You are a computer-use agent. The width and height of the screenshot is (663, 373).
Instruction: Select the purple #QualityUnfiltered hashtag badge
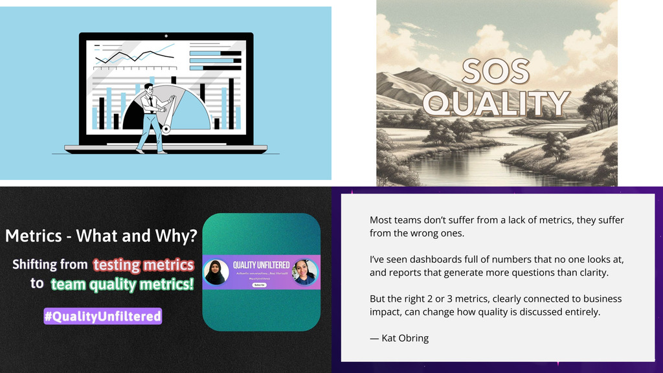(102, 316)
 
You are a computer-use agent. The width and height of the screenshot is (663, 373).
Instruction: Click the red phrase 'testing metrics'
(143, 265)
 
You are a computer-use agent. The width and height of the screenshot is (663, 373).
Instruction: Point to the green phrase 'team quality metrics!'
(122, 284)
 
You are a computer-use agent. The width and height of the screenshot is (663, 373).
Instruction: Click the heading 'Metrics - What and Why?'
(101, 236)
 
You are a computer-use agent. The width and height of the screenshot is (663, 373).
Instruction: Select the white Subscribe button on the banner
(260, 285)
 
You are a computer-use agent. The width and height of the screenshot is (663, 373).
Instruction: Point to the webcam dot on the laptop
(166, 36)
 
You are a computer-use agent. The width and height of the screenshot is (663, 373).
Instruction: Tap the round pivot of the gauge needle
(166, 130)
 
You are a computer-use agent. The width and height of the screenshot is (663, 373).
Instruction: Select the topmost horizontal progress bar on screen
(215, 53)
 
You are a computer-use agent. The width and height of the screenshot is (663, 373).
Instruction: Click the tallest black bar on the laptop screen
(231, 104)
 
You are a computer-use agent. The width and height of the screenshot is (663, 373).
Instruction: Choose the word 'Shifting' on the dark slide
(50, 265)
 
